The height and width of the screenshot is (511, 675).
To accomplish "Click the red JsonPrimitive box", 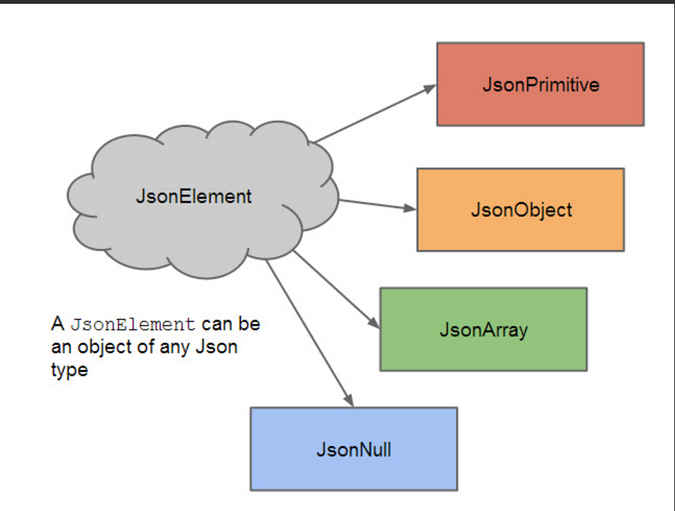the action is (x=540, y=85).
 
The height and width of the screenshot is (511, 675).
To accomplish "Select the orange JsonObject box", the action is (x=520, y=210).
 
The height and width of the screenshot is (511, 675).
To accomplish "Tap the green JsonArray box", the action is (x=484, y=329).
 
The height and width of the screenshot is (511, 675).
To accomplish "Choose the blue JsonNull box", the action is (x=354, y=449).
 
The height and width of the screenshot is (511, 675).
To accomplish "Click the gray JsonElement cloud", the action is (x=203, y=199).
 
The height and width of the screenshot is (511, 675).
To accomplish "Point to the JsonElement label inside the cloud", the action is (x=194, y=196).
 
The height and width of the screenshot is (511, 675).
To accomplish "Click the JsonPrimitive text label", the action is (x=541, y=85).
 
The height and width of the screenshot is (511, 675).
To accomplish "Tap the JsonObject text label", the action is (x=522, y=211).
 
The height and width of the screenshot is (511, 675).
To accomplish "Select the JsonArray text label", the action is (x=484, y=330).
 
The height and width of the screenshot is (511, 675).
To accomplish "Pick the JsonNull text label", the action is (x=354, y=450).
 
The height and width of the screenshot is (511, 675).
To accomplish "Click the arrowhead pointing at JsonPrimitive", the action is (x=429, y=88).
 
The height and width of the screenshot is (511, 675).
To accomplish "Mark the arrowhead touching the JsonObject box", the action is (x=410, y=208).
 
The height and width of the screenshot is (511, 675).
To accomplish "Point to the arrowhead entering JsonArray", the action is (x=374, y=323).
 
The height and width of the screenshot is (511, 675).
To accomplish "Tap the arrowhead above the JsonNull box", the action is (x=349, y=400).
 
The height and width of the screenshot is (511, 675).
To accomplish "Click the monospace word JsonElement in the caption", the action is (x=133, y=324).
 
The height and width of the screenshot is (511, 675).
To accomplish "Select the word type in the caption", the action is (x=69, y=370).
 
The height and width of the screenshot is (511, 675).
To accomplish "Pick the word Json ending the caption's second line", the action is (x=217, y=347).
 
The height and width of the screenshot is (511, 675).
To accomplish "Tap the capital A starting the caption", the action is (x=58, y=323).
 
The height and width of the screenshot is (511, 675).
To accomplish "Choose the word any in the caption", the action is (x=175, y=349).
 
